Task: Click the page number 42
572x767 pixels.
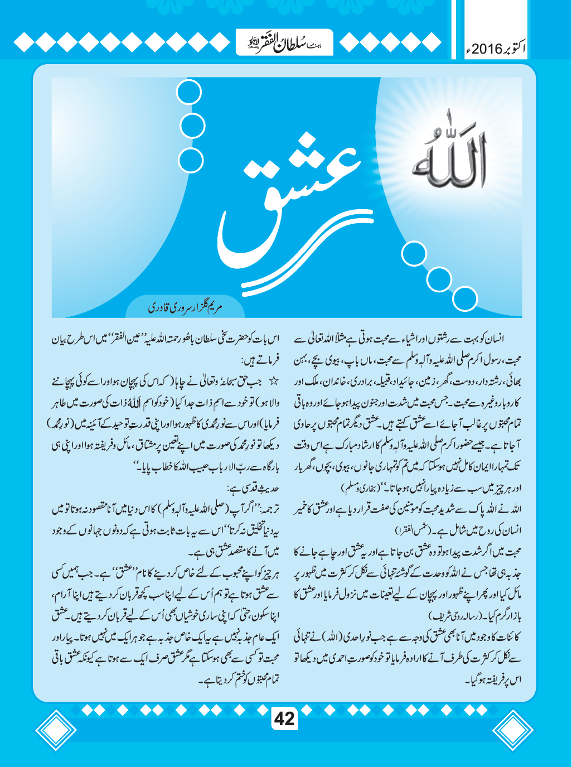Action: [285, 718]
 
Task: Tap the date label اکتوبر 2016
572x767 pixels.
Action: [496, 48]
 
